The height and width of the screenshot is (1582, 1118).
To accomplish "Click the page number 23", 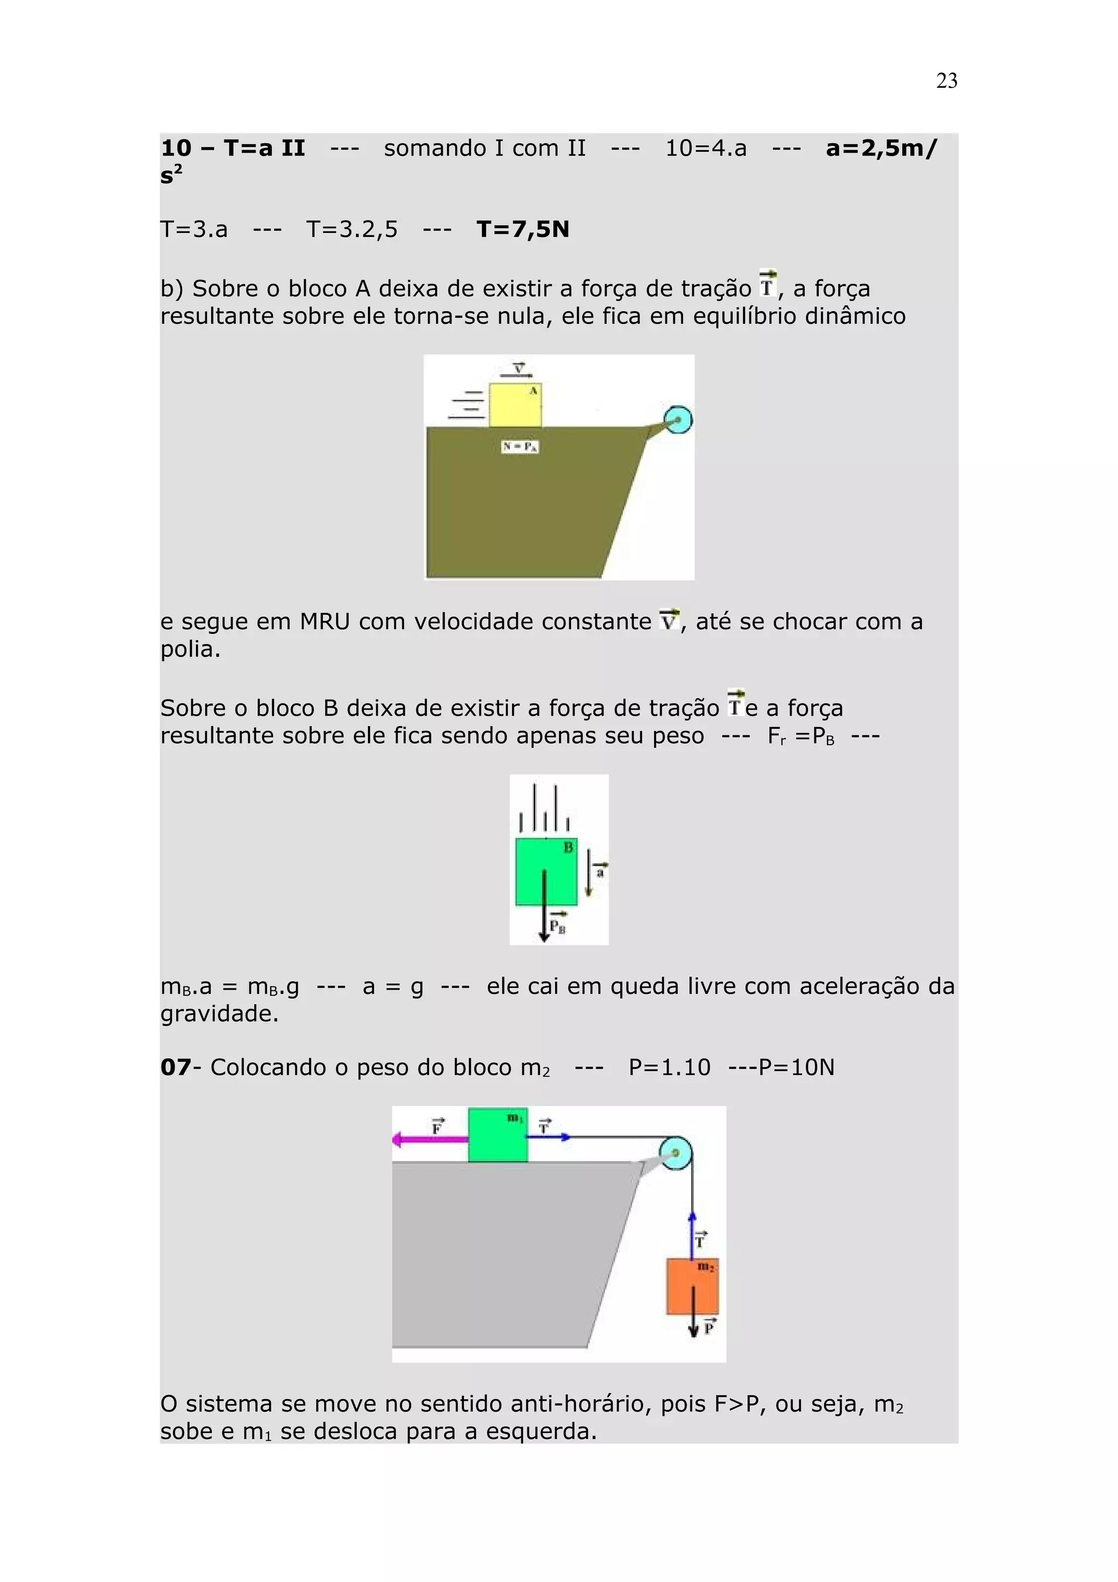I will point(947,81).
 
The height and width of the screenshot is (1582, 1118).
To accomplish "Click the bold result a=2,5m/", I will point(881,148).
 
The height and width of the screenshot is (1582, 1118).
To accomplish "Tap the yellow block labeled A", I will point(515,405).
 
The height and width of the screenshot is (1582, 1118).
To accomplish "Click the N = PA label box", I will point(519,447).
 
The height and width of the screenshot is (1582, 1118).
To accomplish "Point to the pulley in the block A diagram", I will point(678,420).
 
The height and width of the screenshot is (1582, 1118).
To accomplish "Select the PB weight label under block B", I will point(558,925).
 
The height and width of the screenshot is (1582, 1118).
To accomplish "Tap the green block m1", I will point(497,1135).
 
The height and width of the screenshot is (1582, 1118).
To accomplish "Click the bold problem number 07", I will point(175,1067).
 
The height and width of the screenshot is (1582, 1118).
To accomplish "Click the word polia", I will point(190,649).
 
